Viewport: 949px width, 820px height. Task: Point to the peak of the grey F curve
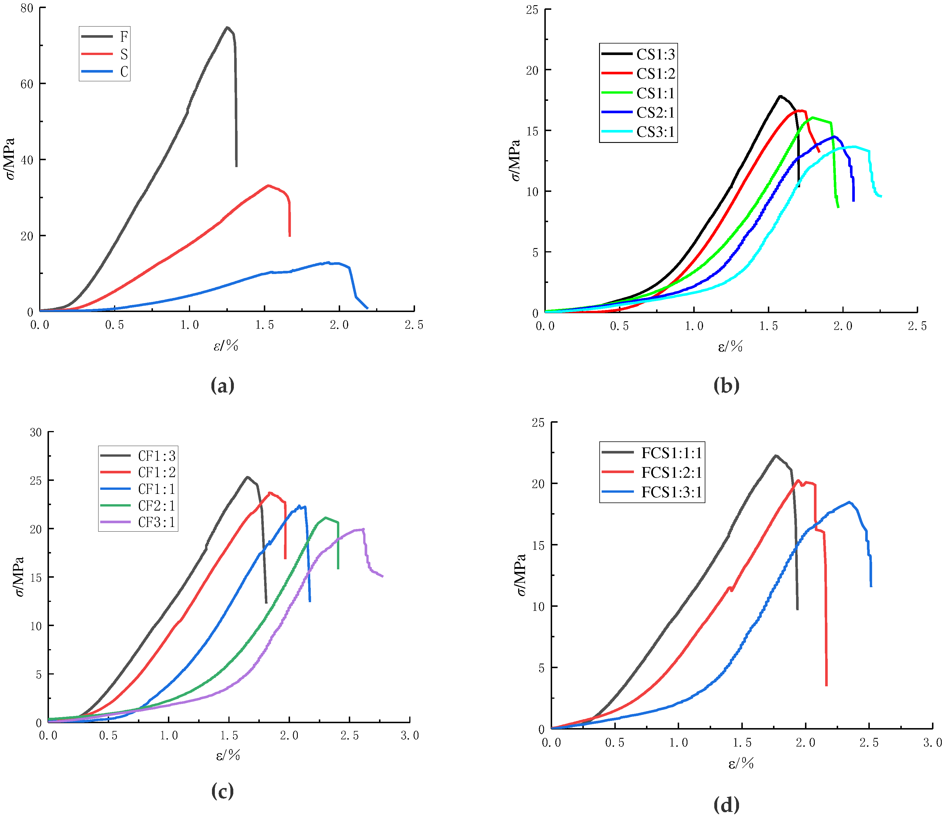click(227, 27)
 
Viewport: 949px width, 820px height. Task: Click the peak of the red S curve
click(268, 186)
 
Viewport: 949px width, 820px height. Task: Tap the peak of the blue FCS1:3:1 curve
click(849, 502)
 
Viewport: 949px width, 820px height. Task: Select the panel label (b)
click(726, 386)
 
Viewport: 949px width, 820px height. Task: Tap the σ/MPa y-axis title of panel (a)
click(10, 159)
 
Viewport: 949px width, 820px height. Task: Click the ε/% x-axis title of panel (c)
click(228, 755)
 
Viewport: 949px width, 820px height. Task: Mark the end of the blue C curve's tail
click(367, 308)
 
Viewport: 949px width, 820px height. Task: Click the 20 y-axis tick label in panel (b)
click(532, 70)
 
